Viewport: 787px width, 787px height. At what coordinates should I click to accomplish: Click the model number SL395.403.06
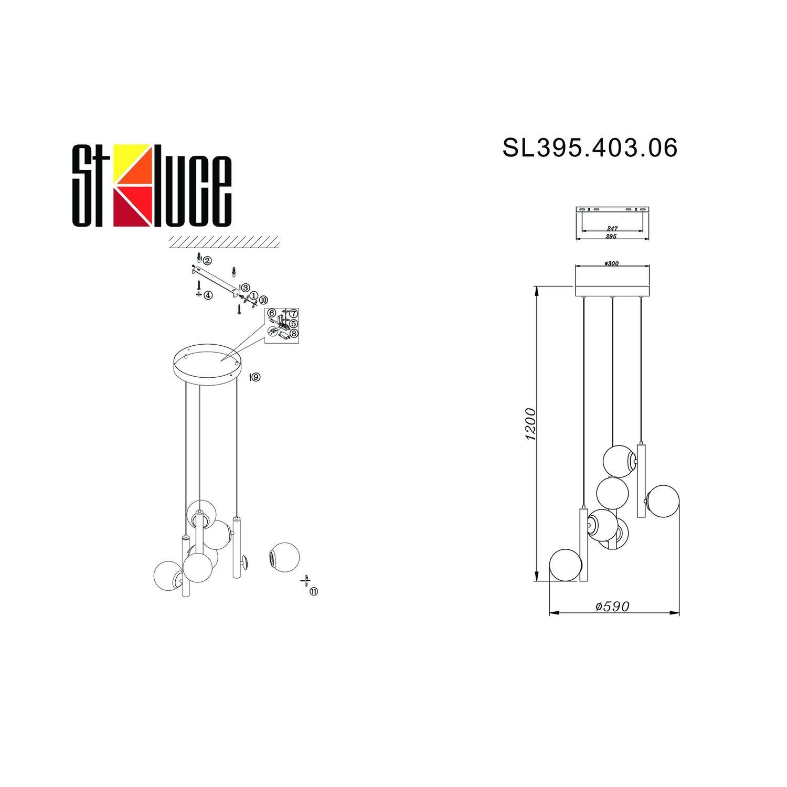[590, 148]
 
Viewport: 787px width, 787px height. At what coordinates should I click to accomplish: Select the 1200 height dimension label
[530, 424]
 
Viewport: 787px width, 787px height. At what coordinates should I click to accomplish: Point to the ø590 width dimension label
[612, 606]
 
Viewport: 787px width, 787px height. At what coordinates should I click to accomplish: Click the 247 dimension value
[612, 229]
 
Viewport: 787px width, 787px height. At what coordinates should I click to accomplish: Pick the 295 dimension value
[612, 237]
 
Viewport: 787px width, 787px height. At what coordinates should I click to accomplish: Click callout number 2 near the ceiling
[207, 261]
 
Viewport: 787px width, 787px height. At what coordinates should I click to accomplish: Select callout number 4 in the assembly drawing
[208, 295]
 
